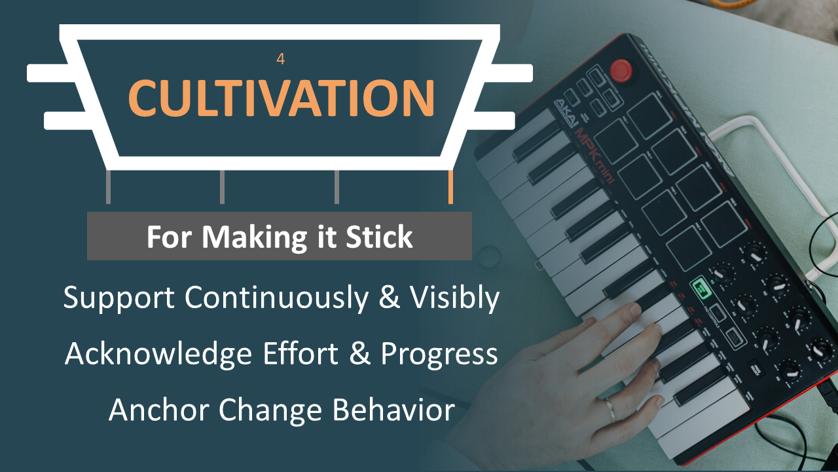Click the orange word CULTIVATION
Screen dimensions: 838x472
click(282, 98)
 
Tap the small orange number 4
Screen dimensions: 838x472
click(281, 59)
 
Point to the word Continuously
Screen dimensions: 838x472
click(276, 298)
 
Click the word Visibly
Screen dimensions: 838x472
click(454, 298)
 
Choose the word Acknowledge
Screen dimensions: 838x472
click(158, 354)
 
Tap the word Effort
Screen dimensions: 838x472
click(301, 353)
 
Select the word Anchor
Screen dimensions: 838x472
click(158, 410)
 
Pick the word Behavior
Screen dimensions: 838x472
click(393, 410)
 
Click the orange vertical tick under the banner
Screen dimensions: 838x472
click(451, 187)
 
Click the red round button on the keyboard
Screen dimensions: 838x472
click(621, 70)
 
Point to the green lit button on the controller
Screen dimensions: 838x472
click(701, 288)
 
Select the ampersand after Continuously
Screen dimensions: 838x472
click(389, 297)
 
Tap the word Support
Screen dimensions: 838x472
click(118, 298)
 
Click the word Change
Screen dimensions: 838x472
click(270, 410)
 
